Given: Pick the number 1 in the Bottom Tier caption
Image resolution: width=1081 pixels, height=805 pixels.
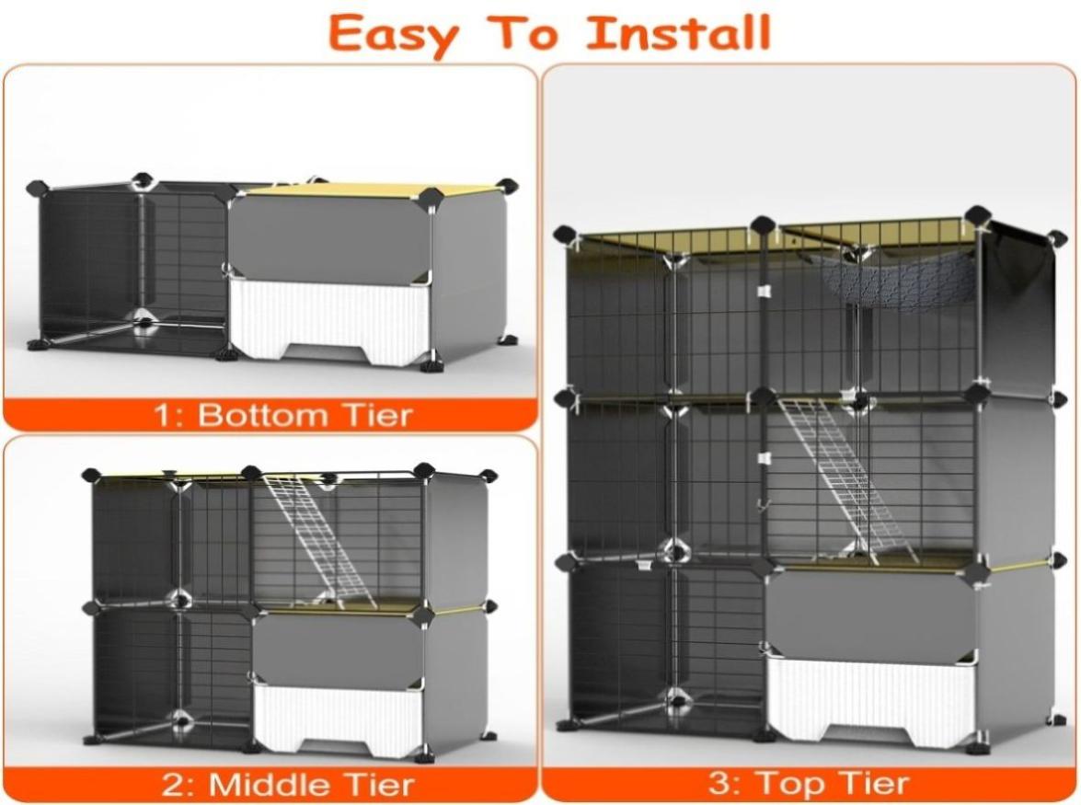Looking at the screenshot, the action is (164, 415).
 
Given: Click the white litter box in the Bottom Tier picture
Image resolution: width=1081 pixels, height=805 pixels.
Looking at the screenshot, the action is (329, 319).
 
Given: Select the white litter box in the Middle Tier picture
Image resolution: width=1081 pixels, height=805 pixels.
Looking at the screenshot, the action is (338, 720).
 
